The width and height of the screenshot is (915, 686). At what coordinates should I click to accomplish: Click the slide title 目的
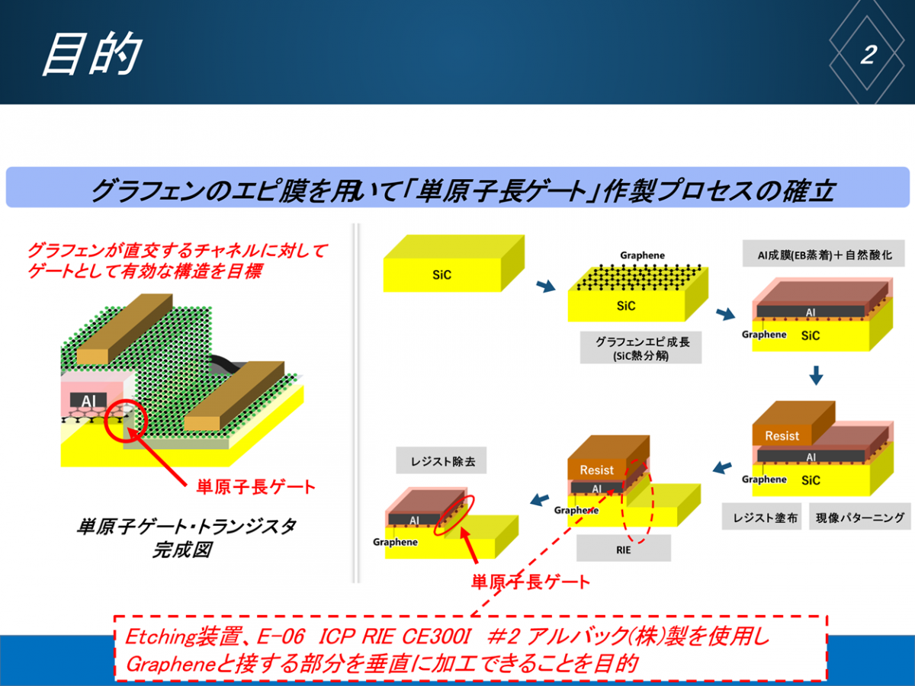pos(92,53)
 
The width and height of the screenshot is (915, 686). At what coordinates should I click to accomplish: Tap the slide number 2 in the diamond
pos(868,55)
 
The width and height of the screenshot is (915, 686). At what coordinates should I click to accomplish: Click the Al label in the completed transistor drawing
pos(88,401)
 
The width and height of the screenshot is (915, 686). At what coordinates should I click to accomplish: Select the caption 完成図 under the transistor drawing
pos(182,550)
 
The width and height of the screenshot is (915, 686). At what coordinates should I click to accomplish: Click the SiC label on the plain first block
pos(441,275)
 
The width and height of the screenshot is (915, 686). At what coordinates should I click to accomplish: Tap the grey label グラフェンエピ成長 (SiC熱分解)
pos(640,348)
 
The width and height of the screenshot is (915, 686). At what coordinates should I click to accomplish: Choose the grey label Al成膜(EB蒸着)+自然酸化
pos(823,254)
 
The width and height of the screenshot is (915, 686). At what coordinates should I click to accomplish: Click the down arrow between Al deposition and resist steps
pos(816,376)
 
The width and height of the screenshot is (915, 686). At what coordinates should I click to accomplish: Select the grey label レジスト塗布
pos(762,517)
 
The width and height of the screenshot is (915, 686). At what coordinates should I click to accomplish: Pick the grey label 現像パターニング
pos(859,517)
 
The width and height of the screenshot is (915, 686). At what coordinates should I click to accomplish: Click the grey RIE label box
pos(624,549)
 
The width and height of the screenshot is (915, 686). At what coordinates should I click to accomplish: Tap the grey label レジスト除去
pos(441,460)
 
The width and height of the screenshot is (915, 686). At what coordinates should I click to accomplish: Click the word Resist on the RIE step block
pos(596,470)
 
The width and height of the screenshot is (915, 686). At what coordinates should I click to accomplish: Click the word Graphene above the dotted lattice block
pos(642,255)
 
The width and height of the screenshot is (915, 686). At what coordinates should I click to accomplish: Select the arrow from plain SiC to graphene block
pos(546,286)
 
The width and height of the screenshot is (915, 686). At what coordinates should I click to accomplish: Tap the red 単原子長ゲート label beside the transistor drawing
pos(255,487)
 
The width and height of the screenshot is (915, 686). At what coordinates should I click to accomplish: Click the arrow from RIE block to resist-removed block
pos(540,499)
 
